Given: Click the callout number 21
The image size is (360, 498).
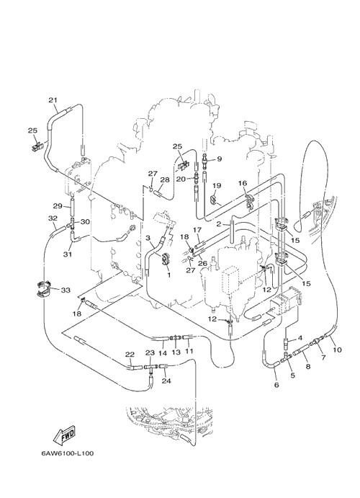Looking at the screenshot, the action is tap(53, 100).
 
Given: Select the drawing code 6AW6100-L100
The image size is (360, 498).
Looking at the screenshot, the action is tap(67, 453).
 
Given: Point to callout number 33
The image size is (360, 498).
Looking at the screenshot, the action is tap(66, 290).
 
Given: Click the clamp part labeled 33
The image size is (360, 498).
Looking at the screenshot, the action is tap(42, 289).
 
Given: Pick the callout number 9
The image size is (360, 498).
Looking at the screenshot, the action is tap(219, 159).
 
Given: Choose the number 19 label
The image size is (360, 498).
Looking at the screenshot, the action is tap(217, 185).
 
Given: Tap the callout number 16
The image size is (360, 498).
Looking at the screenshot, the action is tap(243, 183).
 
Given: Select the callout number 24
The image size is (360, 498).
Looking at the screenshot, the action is tap(166, 381).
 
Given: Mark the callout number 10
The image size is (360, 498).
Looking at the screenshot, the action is tap(337, 350).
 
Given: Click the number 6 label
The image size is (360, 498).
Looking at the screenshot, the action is tap(276, 385).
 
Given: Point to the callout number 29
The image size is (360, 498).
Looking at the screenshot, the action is tap(58, 206).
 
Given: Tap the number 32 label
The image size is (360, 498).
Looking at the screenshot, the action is tap(53, 218).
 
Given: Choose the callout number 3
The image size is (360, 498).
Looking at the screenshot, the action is tap(148, 238).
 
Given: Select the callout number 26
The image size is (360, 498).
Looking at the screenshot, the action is tap(202, 263).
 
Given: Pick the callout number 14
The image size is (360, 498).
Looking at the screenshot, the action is tap(163, 352).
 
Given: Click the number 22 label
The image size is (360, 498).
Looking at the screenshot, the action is tap(130, 354).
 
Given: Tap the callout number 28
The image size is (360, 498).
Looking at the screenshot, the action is tap(165, 179).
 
